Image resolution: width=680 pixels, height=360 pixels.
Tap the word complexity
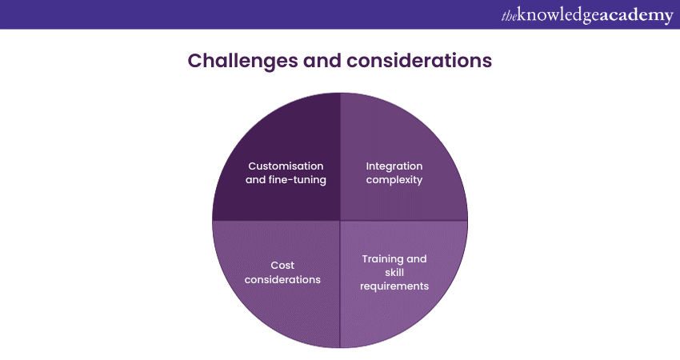pos(394,180)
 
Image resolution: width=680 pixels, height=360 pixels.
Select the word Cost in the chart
pos(282,265)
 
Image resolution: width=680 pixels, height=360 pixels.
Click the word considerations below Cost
pos(282,279)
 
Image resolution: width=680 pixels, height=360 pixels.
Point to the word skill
pos(394,272)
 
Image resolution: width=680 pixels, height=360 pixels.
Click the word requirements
pos(394,286)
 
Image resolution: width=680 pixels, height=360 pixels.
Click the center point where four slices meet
pos(340,220)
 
